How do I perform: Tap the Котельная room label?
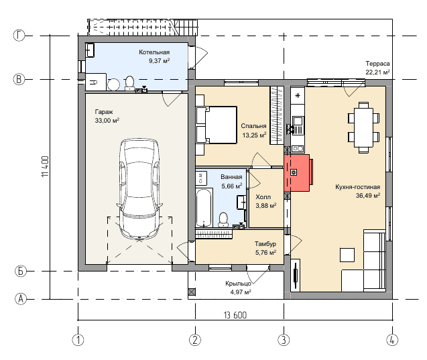click(x=154, y=52)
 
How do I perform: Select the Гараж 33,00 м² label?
click(x=107, y=116)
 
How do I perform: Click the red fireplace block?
click(x=297, y=173)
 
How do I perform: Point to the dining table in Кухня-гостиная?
click(x=363, y=127)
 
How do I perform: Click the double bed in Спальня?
click(x=216, y=125)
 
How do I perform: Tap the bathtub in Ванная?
click(x=204, y=207)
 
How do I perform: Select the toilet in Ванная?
click(x=223, y=220)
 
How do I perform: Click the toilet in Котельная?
click(x=129, y=83)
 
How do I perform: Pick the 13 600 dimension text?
click(x=235, y=315)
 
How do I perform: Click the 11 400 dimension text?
click(x=45, y=166)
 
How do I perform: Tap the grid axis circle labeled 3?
click(x=284, y=340)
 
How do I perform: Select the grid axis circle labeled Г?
click(x=19, y=36)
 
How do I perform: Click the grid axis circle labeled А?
click(x=21, y=299)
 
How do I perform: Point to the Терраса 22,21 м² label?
click(x=377, y=68)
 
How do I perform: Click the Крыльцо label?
click(x=238, y=284)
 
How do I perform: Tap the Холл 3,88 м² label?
click(x=265, y=201)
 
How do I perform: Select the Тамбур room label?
click(x=265, y=244)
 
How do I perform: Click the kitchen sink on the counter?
click(x=298, y=121)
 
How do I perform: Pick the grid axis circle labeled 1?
click(x=78, y=340)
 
